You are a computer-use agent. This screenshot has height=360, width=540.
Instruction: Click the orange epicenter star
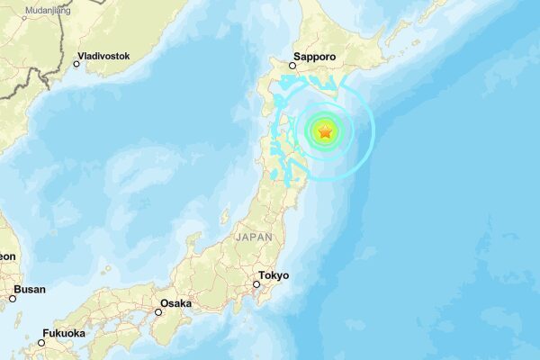(325, 132)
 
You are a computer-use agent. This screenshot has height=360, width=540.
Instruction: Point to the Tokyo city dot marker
(256, 284)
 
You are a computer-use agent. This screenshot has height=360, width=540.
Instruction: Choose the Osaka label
(175, 303)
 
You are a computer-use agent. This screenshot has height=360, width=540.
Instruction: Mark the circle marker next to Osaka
(158, 312)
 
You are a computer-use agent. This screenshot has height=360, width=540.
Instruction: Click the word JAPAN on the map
(253, 237)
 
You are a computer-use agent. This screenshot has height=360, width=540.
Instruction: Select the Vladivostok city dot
(76, 64)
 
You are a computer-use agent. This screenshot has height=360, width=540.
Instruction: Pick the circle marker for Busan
(13, 298)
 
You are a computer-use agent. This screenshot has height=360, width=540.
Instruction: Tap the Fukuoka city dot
(41, 342)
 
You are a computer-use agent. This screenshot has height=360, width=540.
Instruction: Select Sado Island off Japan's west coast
(226, 216)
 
